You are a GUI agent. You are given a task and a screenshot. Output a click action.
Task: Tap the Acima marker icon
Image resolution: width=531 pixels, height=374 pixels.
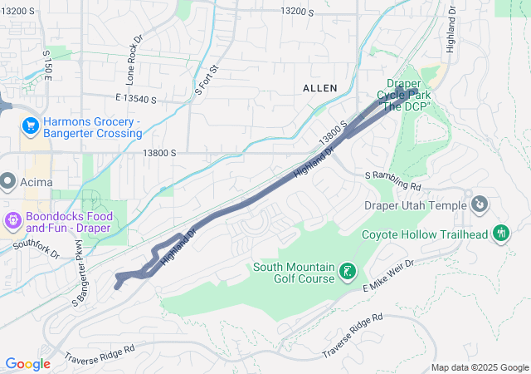point(8,180)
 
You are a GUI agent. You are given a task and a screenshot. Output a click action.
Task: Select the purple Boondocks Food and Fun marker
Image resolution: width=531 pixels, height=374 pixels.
point(13,221)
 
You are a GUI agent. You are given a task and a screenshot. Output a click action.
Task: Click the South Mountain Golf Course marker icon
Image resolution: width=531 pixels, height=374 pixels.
point(347,272)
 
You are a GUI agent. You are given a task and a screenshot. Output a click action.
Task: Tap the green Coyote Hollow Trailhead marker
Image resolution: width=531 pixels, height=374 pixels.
point(500,234)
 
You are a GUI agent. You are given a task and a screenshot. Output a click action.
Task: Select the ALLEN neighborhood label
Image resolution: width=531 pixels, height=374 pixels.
point(319,88)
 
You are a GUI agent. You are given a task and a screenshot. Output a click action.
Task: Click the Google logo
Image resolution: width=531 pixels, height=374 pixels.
point(27,364)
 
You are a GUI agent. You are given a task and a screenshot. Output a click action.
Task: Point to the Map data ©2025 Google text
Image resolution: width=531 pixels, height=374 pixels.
point(479,367)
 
